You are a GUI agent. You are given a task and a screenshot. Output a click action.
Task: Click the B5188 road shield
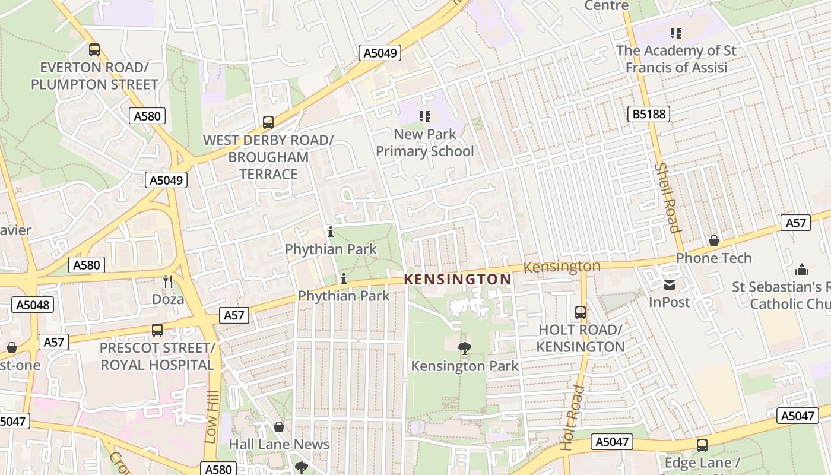coord(648,113)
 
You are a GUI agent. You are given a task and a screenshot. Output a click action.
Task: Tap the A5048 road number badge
coord(33,305)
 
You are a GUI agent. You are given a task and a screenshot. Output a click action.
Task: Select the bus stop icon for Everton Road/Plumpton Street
coord(94,50)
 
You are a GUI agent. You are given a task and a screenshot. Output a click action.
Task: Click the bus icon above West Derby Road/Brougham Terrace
coord(268,122)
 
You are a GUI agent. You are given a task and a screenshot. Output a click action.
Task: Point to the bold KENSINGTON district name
coord(458,279)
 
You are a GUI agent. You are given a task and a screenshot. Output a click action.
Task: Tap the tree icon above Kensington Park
coord(465,349)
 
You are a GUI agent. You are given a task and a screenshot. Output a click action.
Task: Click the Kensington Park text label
coord(465,366)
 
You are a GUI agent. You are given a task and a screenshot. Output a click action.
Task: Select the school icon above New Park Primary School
coord(424,116)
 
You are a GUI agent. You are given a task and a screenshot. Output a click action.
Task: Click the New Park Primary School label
coord(424,142)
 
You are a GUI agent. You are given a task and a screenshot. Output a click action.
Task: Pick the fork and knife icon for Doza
coord(168,281)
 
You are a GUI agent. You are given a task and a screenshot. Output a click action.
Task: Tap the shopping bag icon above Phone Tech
coord(713,240)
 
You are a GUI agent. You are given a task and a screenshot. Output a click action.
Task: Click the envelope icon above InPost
coord(670,285)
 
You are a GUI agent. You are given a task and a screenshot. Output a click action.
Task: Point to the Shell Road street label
coord(667,198)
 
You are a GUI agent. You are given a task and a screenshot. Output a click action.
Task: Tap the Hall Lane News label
coord(279,444)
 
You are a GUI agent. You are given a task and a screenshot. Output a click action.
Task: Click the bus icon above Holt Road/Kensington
coord(580,312)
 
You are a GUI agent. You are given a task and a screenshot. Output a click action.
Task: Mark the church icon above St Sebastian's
coord(802,270)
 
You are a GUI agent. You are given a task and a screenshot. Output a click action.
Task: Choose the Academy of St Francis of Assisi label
coord(676,59)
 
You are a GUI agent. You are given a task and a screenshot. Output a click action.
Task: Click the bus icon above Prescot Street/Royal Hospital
coord(157,330)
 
